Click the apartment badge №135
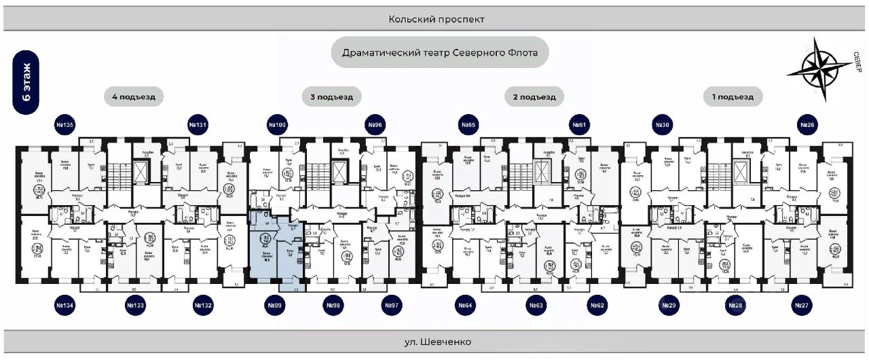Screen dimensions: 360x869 click(x=65, y=125)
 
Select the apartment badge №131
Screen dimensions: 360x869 click(x=198, y=125)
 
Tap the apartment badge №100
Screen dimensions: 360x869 click(x=277, y=125)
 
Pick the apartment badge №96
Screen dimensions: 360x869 click(x=375, y=125)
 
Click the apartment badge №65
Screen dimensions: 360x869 click(x=468, y=125)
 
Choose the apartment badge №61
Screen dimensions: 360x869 click(x=578, y=125)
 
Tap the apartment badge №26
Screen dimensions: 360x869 click(x=807, y=125)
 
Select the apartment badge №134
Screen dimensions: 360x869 click(x=65, y=306)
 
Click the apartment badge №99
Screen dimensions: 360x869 click(x=275, y=306)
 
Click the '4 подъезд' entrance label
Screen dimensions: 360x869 click(x=134, y=97)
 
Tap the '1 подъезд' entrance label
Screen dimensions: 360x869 click(x=733, y=97)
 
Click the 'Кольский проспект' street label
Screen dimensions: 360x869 click(x=437, y=20)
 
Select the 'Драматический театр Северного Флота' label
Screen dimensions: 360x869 click(x=439, y=52)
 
